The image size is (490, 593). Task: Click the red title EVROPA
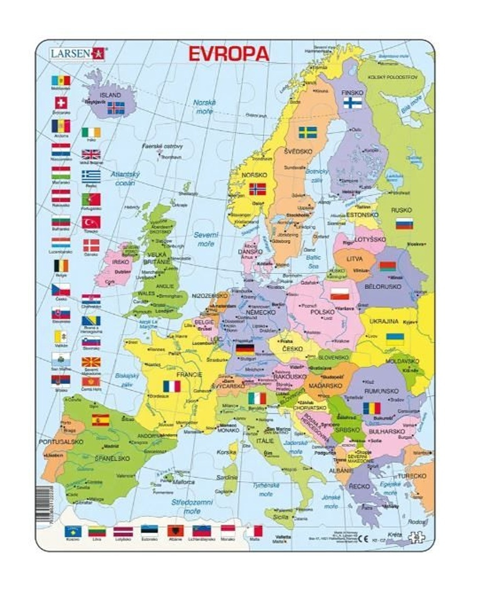[228, 54]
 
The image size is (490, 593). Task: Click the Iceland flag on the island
[116, 107]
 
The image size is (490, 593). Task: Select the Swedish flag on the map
[308, 132]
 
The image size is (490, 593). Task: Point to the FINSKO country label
[352, 92]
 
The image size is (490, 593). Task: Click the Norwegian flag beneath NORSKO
[257, 189]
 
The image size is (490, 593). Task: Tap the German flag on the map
[244, 349]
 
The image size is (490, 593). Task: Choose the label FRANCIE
[189, 375]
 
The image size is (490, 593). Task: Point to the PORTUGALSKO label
[61, 442]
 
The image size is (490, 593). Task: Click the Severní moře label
[206, 239]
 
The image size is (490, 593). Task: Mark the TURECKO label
[411, 475]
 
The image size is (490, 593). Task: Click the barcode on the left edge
[44, 504]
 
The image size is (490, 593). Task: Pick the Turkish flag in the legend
[91, 222]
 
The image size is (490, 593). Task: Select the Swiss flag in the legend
[61, 103]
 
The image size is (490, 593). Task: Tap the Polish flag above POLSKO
[340, 294]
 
